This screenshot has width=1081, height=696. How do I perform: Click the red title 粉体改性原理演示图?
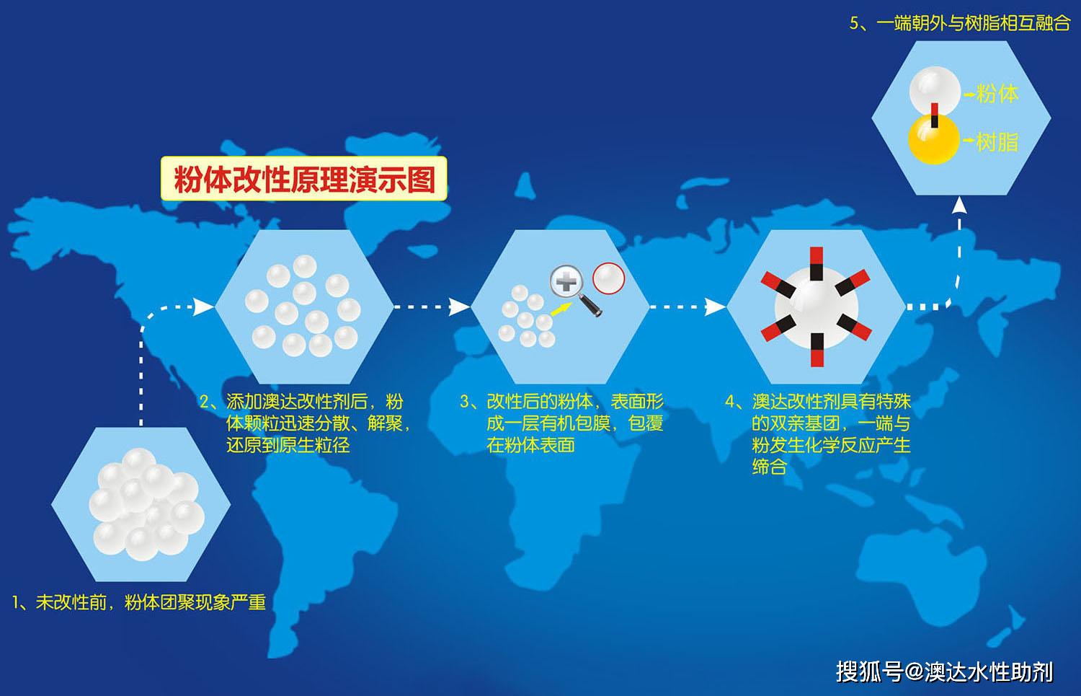click(x=305, y=179)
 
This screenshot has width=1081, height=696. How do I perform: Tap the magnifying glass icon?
click(x=575, y=290)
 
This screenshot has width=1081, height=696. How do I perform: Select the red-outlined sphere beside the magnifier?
click(x=608, y=278)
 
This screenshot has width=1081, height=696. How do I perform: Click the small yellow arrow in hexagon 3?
click(x=561, y=309)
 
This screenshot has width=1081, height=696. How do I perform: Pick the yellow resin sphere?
click(x=933, y=139)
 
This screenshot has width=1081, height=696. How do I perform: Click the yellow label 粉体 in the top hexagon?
click(x=997, y=93)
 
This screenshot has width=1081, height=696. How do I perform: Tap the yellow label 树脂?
click(x=997, y=141)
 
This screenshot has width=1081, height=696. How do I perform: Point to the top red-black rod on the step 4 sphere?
click(x=816, y=263)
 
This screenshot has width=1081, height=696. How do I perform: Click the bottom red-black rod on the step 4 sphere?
click(x=817, y=350)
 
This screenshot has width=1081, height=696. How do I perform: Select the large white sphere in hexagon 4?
click(x=817, y=307)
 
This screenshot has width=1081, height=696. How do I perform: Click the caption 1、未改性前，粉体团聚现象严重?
click(x=139, y=602)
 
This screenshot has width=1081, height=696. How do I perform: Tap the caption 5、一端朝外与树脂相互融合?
click(x=960, y=22)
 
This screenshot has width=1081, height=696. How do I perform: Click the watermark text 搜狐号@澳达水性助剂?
click(x=944, y=672)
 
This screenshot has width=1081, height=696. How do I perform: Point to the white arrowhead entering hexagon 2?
click(x=203, y=307)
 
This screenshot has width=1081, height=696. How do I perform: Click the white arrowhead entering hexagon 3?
click(x=459, y=307)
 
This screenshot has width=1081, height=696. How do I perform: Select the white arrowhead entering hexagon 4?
click(x=715, y=307)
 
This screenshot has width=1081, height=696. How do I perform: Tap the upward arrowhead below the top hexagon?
click(x=959, y=205)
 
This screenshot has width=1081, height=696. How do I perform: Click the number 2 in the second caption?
click(x=205, y=402)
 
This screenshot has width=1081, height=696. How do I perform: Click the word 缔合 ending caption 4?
click(x=769, y=467)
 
